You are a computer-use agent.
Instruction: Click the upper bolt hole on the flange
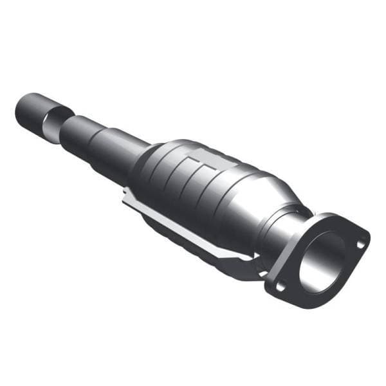pyautogui.click(x=360, y=243)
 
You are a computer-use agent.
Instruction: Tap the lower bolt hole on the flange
pyautogui.click(x=279, y=287)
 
